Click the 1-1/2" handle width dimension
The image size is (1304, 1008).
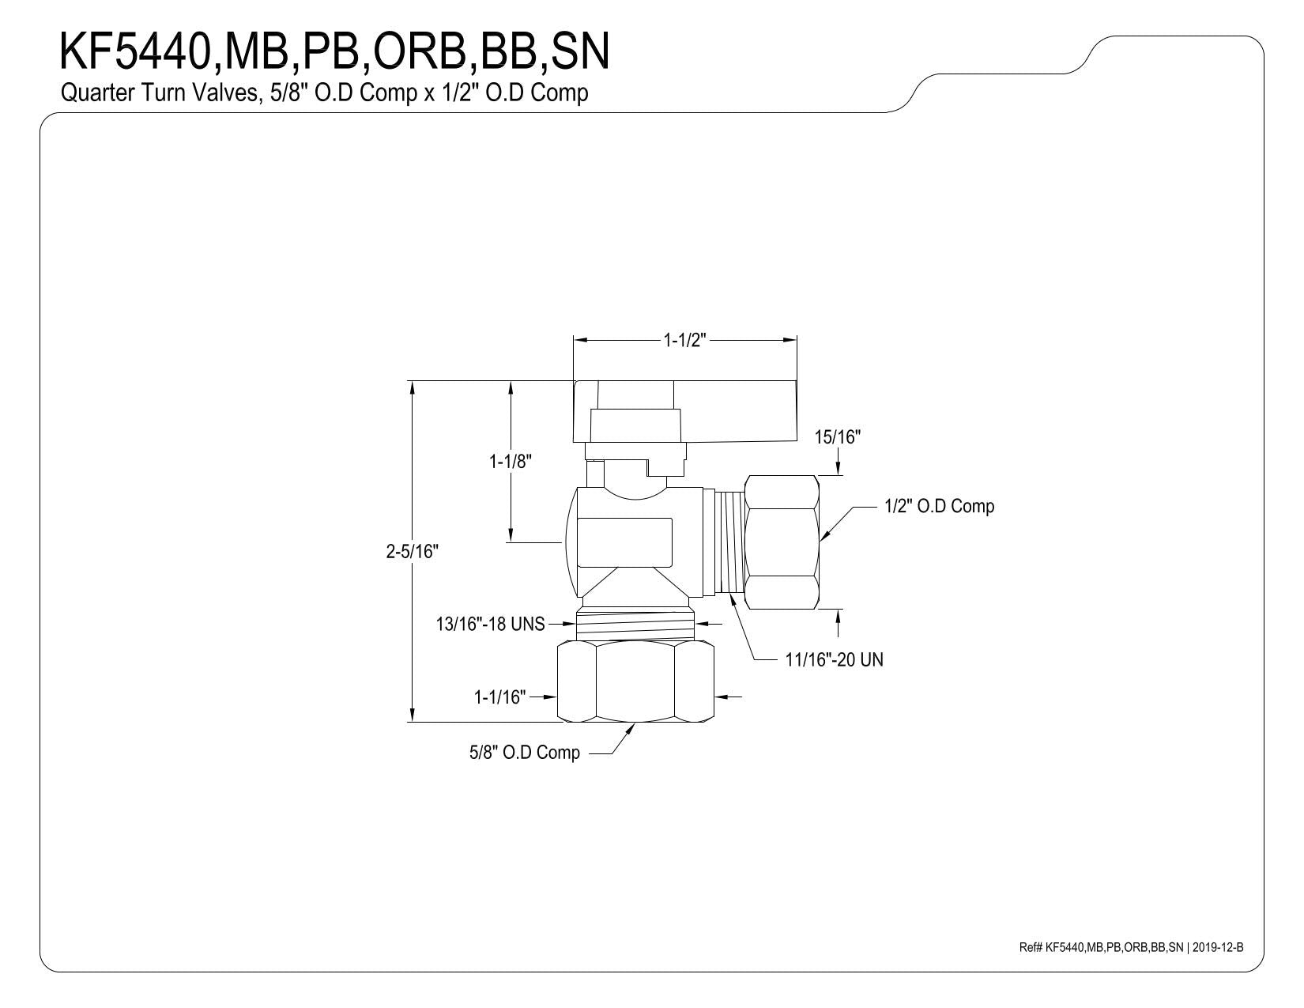pos(684,341)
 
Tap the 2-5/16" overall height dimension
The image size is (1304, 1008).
pos(413,551)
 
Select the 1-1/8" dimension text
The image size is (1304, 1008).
pos(510,462)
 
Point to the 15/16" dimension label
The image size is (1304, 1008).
pos(837,437)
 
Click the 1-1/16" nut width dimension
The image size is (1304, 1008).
pos(500,697)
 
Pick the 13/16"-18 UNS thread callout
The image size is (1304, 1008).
pos(490,625)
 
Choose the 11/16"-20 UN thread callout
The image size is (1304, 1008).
pos(834,660)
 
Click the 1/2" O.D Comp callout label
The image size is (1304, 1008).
pos(939,506)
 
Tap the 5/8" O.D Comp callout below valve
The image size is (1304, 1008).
pos(525,753)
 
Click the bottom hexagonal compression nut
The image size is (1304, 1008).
pos(635,681)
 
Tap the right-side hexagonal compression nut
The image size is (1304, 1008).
pos(782,542)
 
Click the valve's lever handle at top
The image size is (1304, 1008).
pos(684,411)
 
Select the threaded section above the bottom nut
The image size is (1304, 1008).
pos(635,625)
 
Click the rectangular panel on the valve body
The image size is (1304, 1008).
pos(624,542)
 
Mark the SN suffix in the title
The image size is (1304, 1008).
pos(580,52)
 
